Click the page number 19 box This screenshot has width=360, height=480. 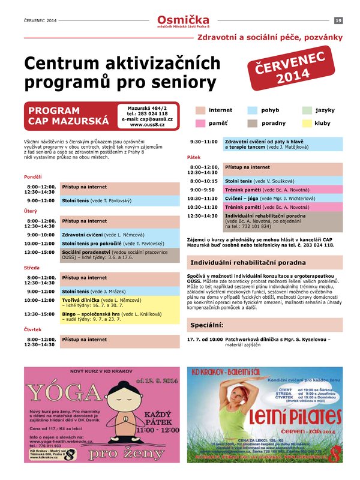338,21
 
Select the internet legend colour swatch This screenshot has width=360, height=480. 200,110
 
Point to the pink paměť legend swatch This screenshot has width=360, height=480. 200,124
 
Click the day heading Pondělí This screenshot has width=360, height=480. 33,177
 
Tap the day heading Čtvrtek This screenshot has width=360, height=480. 32,329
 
